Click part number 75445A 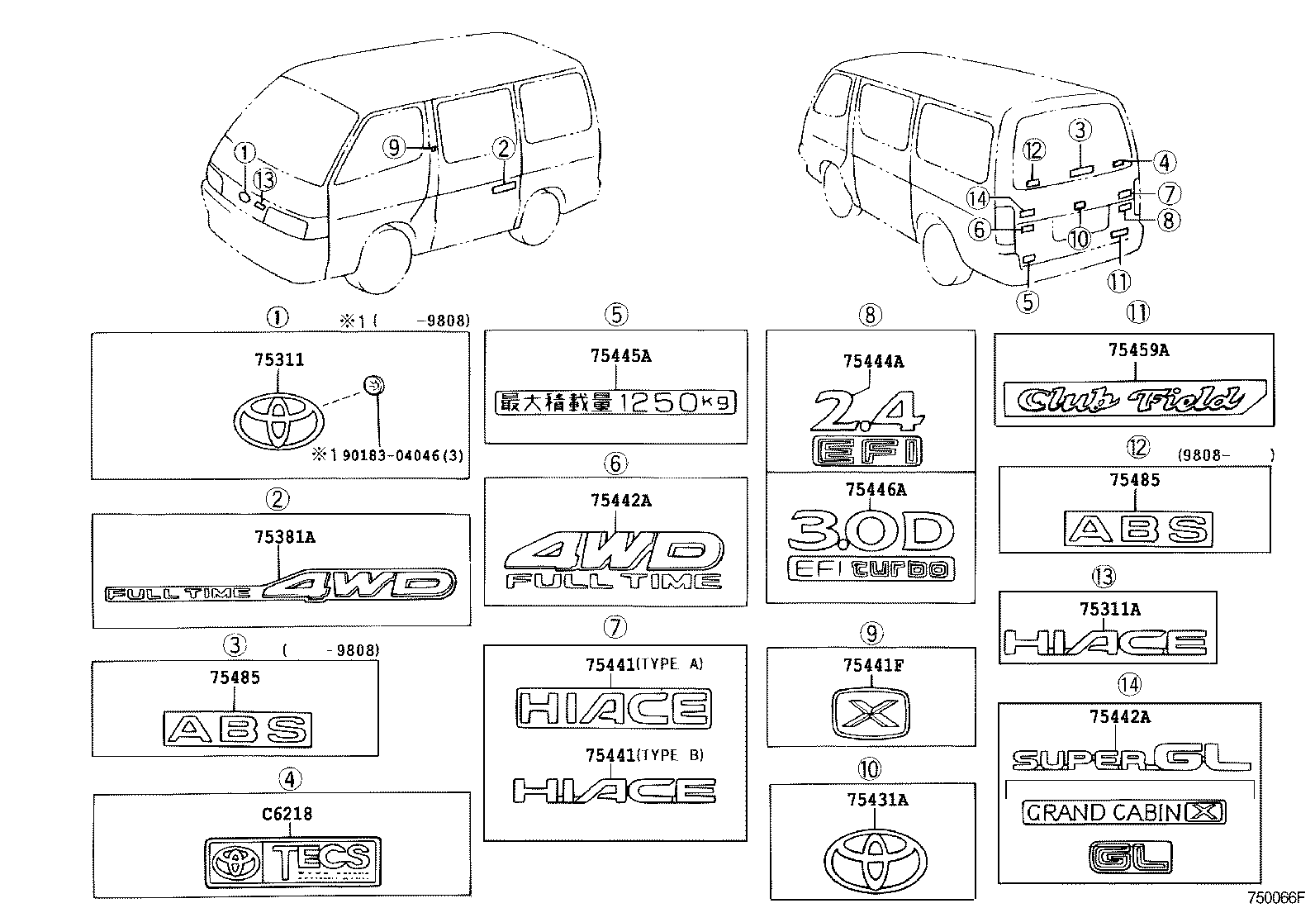(620, 356)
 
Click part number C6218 (287, 814)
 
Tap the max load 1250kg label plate (615, 402)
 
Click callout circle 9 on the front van (394, 147)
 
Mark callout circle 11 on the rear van (1118, 282)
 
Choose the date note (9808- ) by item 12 (1225, 454)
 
